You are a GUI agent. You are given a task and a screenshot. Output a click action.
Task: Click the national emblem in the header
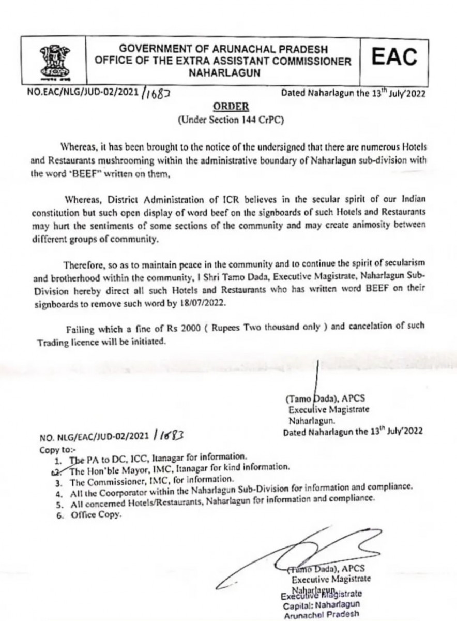pos(51,60)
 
